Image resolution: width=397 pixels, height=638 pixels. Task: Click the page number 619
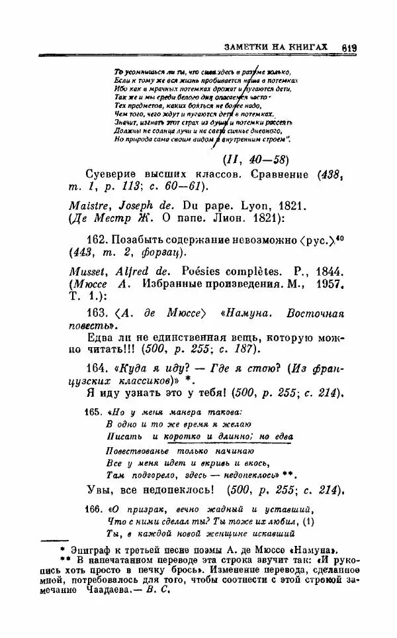point(350,47)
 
